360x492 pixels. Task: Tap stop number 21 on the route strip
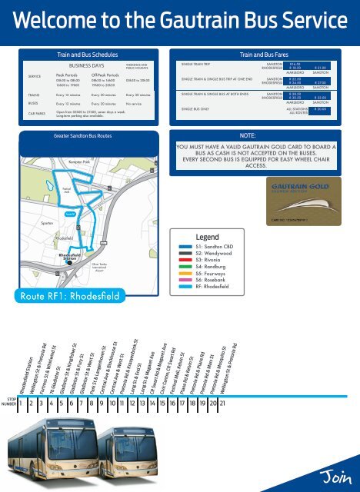(222, 402)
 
